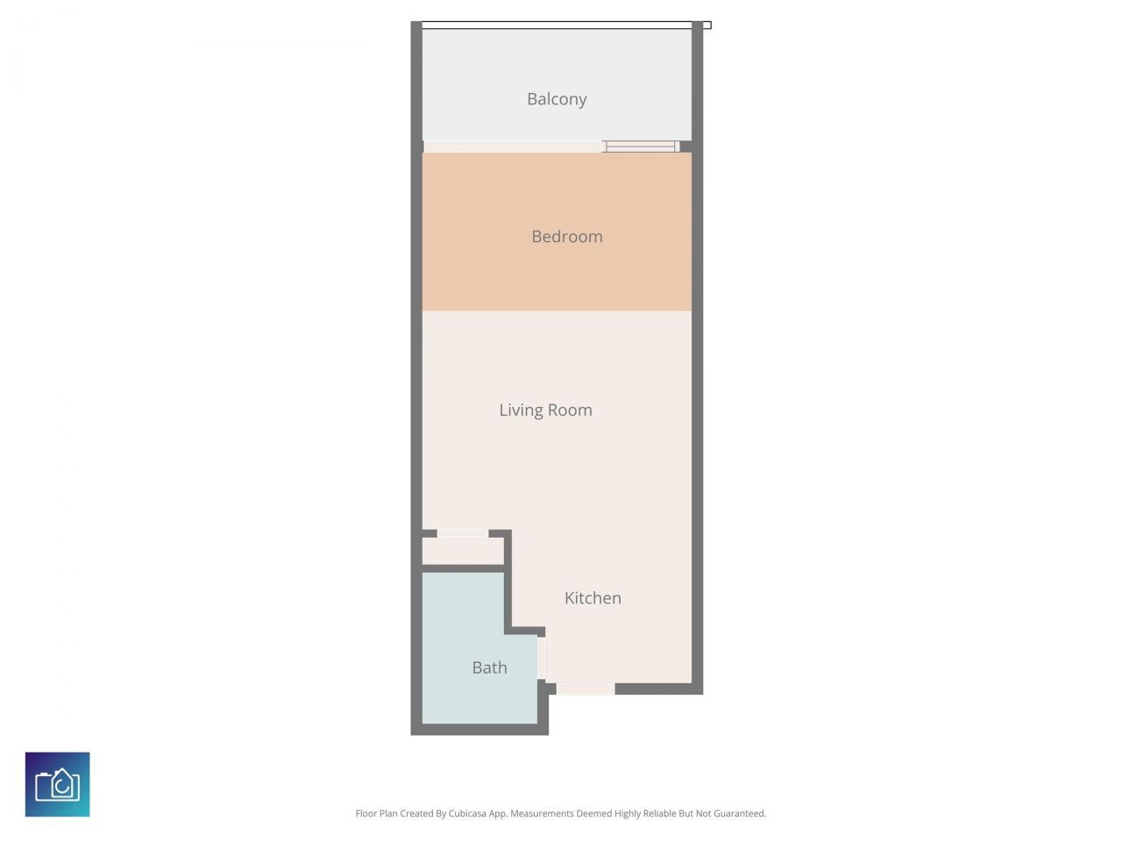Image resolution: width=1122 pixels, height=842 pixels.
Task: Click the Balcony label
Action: click(557, 99)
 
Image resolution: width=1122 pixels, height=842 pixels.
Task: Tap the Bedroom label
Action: click(566, 236)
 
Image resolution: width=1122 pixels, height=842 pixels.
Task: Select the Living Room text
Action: click(545, 410)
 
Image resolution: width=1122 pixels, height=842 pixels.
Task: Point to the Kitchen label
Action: click(593, 598)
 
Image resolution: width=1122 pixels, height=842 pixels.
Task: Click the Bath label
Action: click(489, 667)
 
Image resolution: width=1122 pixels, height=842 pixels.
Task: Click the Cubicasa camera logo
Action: click(58, 784)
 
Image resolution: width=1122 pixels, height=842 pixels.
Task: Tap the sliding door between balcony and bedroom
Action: click(640, 146)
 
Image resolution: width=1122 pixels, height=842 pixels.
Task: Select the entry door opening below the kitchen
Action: click(585, 689)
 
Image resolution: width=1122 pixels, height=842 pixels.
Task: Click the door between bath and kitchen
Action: click(541, 658)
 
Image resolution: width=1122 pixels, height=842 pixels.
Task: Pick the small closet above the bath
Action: click(463, 552)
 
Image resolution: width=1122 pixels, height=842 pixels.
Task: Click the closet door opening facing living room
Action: click(463, 532)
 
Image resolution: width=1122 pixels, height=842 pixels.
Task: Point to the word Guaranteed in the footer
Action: click(736, 814)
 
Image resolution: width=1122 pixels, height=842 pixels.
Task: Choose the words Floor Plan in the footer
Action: click(376, 814)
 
